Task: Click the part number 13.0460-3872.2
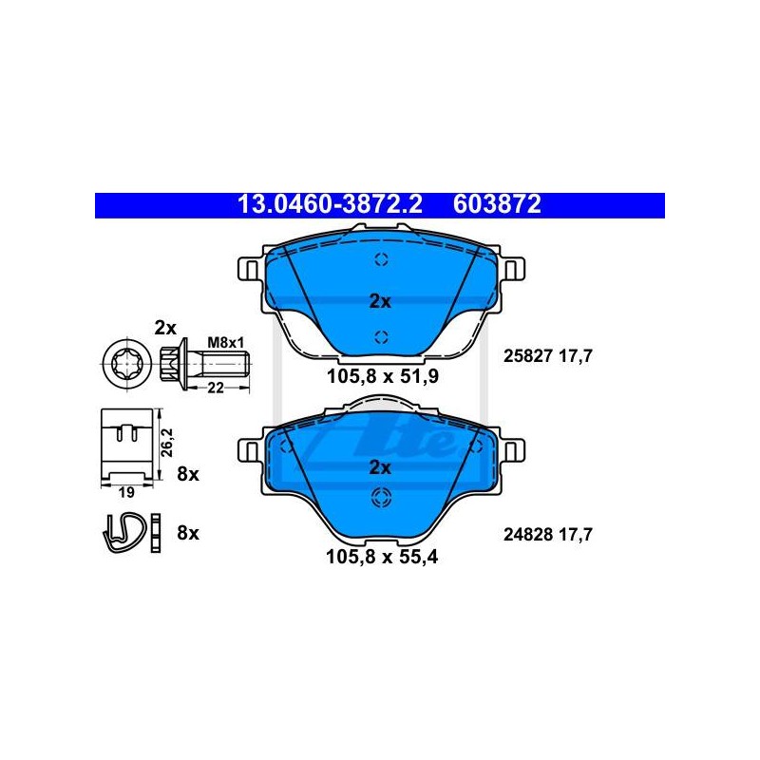pos(330,204)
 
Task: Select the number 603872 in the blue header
pos(497,204)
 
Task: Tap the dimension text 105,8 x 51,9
pos(383,376)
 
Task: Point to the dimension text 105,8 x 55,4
pos(382,557)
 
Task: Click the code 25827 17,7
pos(548,356)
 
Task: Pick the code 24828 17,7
pos(548,535)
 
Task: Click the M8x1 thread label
pos(226,343)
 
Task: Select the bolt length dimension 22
pos(216,388)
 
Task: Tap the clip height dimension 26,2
pos(167,442)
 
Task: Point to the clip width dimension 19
pos(126,492)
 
